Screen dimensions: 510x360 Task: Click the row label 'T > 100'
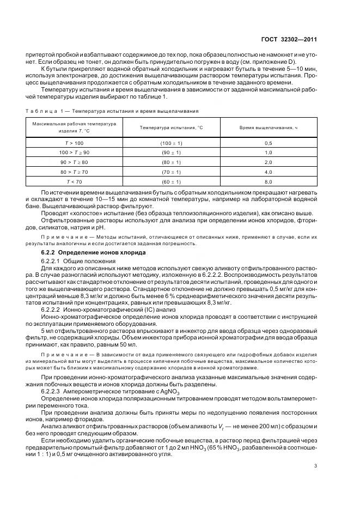click(x=74, y=142)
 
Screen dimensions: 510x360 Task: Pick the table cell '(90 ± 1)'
click(x=171, y=152)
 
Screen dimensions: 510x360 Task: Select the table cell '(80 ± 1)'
click(x=171, y=162)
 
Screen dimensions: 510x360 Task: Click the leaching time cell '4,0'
click(x=268, y=172)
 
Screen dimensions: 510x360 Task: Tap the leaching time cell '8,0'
click(x=268, y=181)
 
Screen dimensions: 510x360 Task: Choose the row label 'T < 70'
click(x=74, y=181)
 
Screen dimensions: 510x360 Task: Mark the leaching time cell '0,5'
click(x=268, y=142)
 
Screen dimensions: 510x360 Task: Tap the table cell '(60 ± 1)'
click(x=171, y=181)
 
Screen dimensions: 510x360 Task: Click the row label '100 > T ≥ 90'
click(x=74, y=152)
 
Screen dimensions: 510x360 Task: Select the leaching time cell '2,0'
click(x=268, y=162)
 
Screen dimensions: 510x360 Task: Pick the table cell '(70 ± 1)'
click(x=171, y=172)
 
